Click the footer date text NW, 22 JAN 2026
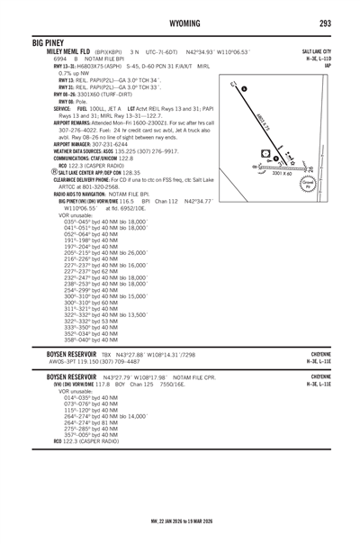coord(180,532)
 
